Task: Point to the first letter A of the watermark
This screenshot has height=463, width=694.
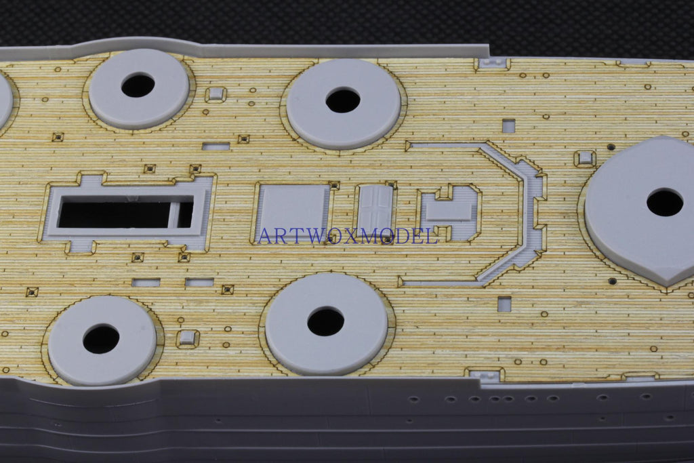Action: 265,236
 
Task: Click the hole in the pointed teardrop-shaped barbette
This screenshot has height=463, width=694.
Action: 664,202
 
